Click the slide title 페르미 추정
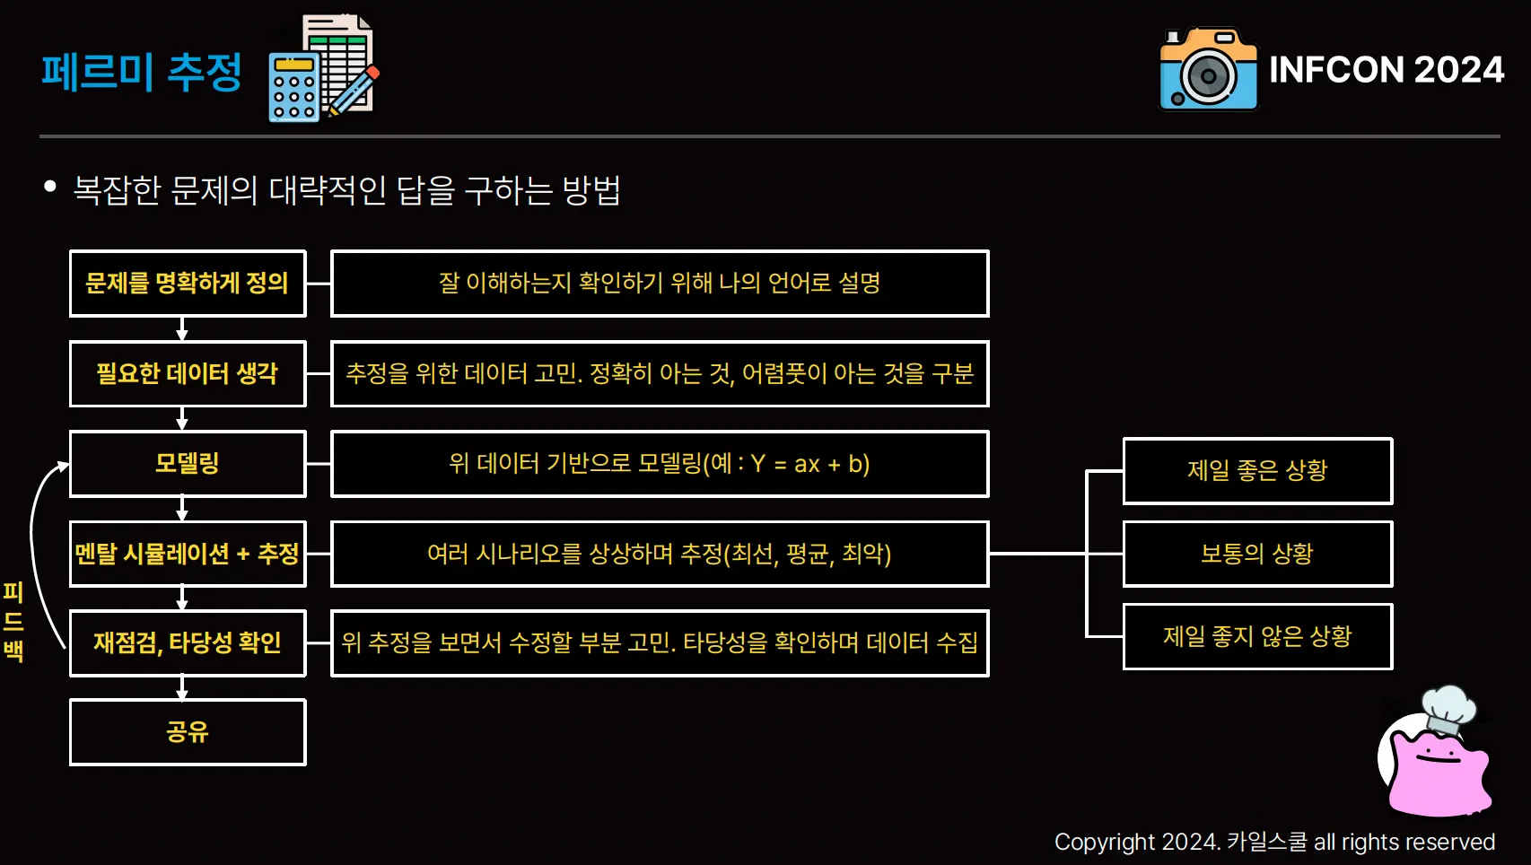(141, 71)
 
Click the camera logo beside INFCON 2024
(1208, 70)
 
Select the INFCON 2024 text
(1387, 70)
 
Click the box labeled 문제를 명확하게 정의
(188, 284)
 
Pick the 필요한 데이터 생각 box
(188, 373)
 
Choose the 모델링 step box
(188, 464)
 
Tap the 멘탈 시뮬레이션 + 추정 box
(188, 554)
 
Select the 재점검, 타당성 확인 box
(188, 642)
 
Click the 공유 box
(188, 732)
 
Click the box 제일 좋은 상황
(1257, 471)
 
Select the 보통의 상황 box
(1257, 554)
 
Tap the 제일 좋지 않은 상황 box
(1257, 637)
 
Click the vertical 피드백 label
(13, 621)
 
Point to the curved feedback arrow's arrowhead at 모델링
(64, 465)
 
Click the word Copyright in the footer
(1104, 842)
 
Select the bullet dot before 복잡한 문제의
(50, 187)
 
